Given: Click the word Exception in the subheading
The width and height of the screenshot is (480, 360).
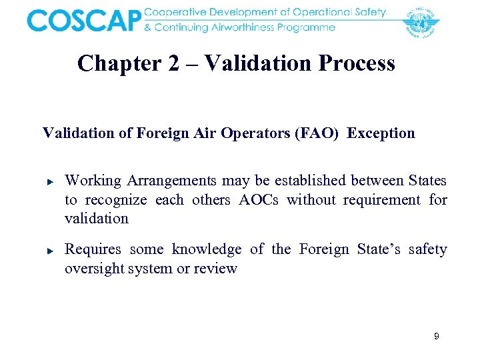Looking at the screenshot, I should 381,133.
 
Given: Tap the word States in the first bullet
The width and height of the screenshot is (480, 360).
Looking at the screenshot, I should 427,181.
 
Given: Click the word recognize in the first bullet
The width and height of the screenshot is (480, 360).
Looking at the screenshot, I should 115,200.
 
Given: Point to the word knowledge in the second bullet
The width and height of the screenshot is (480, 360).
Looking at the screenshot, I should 207,249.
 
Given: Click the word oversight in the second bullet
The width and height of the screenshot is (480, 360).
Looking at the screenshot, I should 93,269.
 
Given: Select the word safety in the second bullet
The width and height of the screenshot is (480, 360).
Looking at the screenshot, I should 427,249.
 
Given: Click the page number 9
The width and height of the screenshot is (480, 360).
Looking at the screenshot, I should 436,337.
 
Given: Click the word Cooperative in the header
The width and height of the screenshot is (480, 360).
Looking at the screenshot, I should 179,13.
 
